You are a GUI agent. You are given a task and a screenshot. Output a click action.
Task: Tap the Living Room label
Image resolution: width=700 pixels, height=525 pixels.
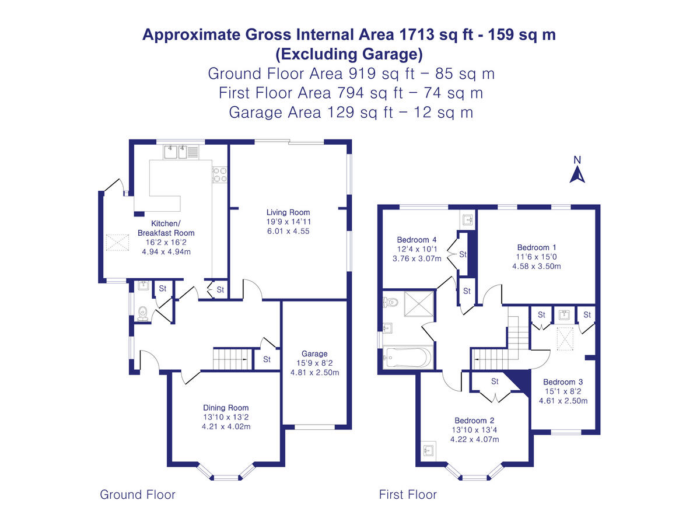288,212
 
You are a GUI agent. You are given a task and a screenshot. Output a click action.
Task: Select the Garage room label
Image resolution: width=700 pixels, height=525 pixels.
314,353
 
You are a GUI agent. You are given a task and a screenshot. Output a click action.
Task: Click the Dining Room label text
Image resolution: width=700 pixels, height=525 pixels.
226,408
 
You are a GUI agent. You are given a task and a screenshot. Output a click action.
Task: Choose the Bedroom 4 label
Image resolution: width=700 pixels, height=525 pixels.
416,240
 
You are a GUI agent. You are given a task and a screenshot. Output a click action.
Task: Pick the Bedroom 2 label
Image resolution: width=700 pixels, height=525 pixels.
474,421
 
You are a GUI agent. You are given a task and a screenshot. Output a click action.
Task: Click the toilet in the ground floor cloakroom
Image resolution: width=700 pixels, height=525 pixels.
142,316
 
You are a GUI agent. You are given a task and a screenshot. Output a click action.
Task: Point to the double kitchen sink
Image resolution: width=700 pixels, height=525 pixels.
177,153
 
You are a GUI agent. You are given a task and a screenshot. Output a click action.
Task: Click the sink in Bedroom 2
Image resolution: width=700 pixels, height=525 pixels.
429,451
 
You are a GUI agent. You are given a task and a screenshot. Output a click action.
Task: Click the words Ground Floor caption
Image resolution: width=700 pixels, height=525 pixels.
138,495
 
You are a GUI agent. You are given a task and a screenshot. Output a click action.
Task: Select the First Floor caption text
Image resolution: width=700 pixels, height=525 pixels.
408,495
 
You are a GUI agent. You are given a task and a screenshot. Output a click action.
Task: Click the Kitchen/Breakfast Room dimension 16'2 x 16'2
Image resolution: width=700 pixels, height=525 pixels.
166,242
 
